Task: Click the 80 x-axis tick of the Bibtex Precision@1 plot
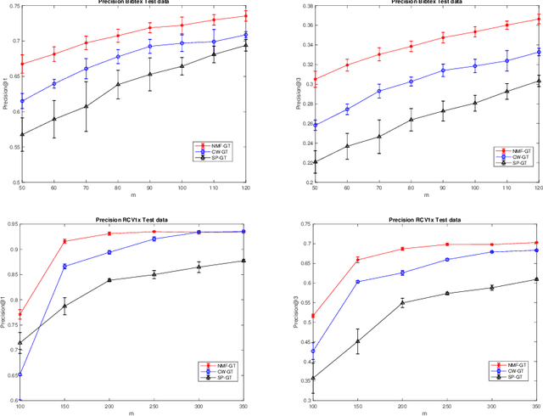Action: (118, 188)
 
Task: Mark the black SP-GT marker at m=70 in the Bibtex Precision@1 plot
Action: (86, 106)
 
